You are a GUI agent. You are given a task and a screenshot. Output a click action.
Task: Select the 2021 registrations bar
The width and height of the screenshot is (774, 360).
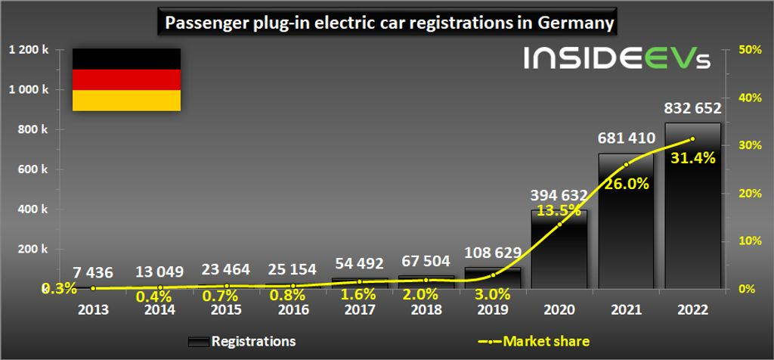(626, 227)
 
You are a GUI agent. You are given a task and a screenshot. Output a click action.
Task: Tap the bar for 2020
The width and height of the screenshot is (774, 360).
(559, 253)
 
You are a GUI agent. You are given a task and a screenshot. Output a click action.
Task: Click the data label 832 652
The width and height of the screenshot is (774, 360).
(692, 108)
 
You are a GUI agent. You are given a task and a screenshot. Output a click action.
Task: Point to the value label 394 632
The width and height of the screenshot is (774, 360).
(559, 196)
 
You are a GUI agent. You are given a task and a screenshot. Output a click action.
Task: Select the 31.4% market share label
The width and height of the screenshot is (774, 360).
(692, 157)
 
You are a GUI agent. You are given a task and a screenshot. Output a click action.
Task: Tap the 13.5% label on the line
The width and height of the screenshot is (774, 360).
(559, 211)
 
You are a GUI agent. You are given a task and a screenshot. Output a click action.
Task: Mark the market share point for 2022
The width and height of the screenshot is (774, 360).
(692, 139)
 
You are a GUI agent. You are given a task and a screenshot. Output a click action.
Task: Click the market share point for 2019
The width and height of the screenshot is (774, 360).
(493, 275)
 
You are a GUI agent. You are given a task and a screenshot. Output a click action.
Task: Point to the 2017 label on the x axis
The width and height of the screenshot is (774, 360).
(360, 309)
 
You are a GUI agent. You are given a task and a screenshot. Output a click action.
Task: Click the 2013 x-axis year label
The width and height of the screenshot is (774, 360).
(93, 309)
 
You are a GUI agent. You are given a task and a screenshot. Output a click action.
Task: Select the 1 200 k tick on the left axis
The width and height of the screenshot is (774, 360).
(29, 50)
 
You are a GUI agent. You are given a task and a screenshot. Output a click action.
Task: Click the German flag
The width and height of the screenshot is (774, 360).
(126, 80)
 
